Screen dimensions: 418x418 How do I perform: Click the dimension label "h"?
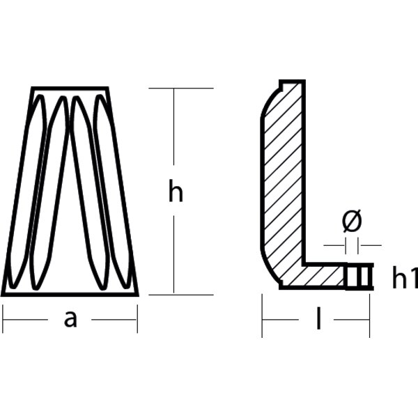coord(176,192)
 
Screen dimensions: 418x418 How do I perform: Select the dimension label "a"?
coord(70,319)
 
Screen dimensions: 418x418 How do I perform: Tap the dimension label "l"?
coord(318,319)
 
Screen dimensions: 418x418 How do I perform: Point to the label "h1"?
coord(404,278)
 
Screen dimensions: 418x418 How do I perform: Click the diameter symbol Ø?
coord(353,222)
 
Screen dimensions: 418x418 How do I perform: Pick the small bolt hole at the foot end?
coord(359,277)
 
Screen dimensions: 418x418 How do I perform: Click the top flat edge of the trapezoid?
coord(70,88)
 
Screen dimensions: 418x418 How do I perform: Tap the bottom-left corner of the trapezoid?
coord(3,294)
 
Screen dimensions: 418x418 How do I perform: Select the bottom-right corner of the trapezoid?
coord(137,294)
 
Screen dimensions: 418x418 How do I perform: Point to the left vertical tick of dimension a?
coord(3,319)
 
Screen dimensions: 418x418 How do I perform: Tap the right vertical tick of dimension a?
coord(137,319)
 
